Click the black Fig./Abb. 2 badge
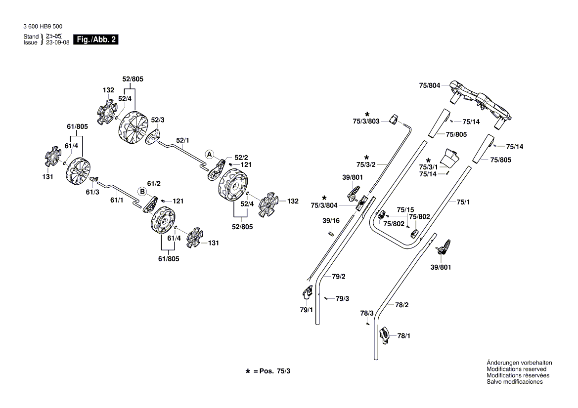pos(95,40)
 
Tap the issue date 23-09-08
pos(57,42)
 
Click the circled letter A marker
pos(210,154)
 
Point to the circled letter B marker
pos(141,191)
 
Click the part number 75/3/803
pos(366,122)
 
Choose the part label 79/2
pos(339,276)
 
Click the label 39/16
pos(331,220)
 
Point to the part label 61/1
pos(117,200)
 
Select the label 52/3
pos(158,120)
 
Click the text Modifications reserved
pos(516,369)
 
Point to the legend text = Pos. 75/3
pos(271,370)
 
